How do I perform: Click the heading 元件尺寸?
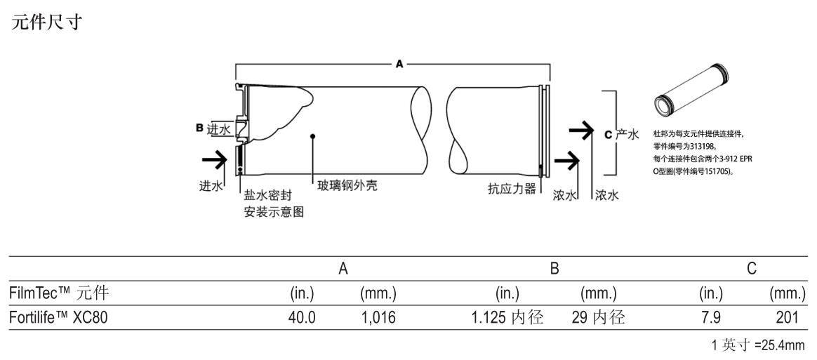click(x=47, y=23)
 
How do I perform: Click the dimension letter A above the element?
click(x=399, y=64)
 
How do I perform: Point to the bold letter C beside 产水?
click(x=608, y=134)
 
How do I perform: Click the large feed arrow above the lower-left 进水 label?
click(x=214, y=161)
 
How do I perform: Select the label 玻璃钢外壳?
click(x=347, y=186)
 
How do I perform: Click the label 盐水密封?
click(x=267, y=195)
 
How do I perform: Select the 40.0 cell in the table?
click(x=303, y=318)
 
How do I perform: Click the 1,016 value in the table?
click(x=378, y=318)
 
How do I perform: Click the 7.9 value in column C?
click(x=711, y=318)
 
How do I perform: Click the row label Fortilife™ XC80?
click(x=58, y=318)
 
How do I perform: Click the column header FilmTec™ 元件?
click(x=58, y=291)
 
